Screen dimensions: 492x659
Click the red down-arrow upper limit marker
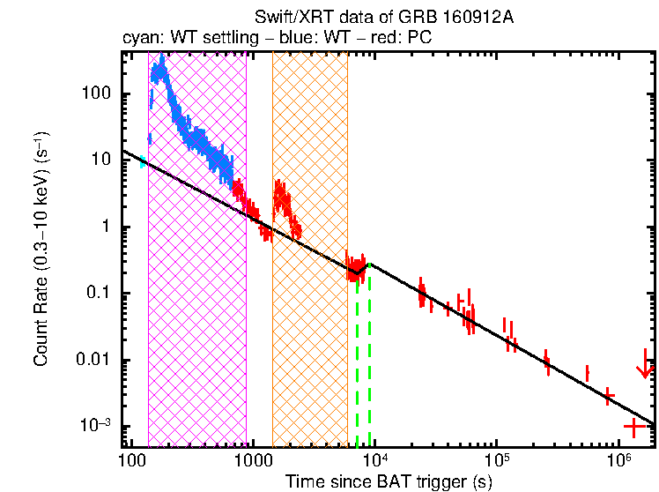[645, 369]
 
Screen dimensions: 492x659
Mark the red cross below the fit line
[633, 427]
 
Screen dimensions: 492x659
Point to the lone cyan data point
[143, 160]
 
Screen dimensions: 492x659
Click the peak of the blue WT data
[163, 59]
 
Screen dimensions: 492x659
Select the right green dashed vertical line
[369, 353]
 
